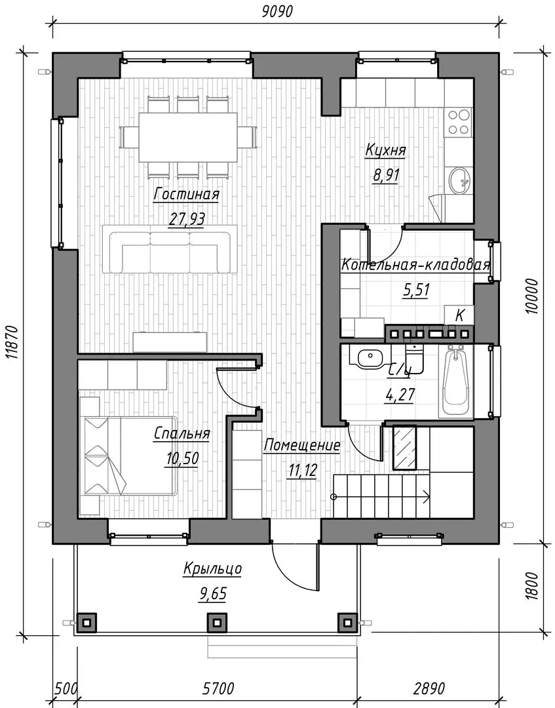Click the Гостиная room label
pyautogui.click(x=186, y=194)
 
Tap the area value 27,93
pyautogui.click(x=187, y=219)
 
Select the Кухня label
pyautogui.click(x=385, y=150)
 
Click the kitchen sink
pyautogui.click(x=460, y=181)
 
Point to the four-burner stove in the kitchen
pyautogui.click(x=459, y=122)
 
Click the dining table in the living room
pyautogui.click(x=188, y=137)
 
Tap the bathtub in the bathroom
pyautogui.click(x=456, y=382)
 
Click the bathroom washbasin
pyautogui.click(x=370, y=358)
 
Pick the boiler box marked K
pyautogui.click(x=459, y=315)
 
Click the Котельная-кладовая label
pyautogui.click(x=415, y=264)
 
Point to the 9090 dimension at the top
pyautogui.click(x=277, y=11)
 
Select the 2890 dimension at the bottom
pyautogui.click(x=429, y=688)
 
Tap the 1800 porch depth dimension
pyautogui.click(x=533, y=585)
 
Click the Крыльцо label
pyautogui.click(x=212, y=568)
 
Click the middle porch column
pyautogui.click(x=217, y=623)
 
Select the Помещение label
pyautogui.click(x=302, y=445)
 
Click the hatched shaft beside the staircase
pyautogui.click(x=405, y=448)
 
